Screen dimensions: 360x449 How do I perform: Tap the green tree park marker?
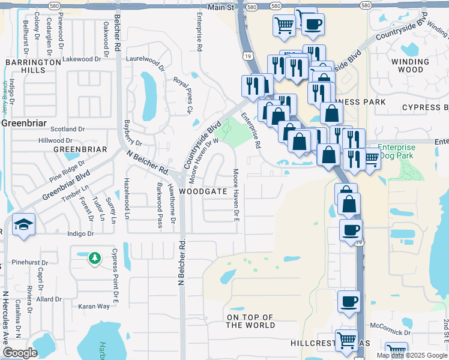[94, 259]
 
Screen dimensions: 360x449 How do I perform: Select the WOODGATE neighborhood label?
[203, 191]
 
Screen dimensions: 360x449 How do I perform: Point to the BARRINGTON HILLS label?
[33, 66]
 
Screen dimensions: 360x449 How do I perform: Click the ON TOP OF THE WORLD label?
[250, 321]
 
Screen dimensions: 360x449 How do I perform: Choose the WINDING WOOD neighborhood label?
[411, 66]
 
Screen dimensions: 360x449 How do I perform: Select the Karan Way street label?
[94, 306]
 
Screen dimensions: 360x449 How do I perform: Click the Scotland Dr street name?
[67, 129]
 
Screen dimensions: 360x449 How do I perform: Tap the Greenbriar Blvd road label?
[66, 187]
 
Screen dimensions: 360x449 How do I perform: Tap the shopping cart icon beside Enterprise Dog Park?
[372, 158]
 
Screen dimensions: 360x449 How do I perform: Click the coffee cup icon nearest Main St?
[312, 24]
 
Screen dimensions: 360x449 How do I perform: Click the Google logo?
[20, 353]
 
